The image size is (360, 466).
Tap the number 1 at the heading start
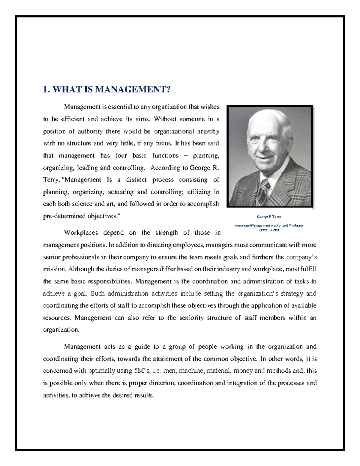point(45,90)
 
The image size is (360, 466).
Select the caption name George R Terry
point(269,216)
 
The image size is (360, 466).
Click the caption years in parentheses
point(269,230)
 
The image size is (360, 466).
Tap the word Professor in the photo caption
point(296,225)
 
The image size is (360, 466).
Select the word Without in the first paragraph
point(165,119)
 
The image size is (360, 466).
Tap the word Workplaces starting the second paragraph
point(81,233)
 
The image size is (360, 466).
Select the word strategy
point(292,293)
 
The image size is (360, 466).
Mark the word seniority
point(191,318)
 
